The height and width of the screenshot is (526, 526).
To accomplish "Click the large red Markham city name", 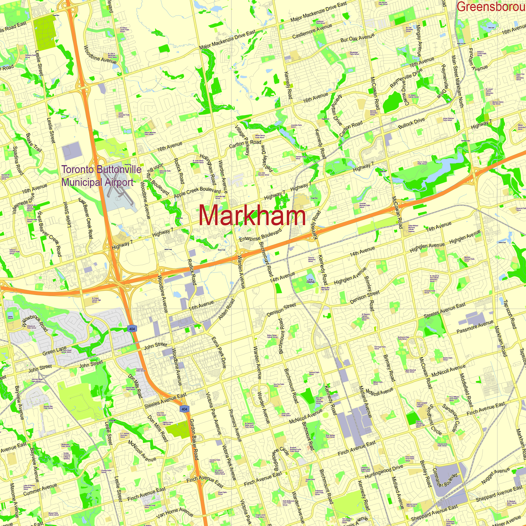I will point(252,215).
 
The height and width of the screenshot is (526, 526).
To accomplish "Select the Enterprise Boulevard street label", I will point(261,235).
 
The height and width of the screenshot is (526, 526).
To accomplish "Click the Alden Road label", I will point(226,309).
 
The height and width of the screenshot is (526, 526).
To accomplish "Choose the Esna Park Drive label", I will point(219,353).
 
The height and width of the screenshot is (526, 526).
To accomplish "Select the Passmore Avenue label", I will point(475,326).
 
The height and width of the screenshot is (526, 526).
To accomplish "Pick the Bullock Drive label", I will point(411,123).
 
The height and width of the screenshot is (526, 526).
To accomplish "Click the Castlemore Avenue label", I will point(312,31).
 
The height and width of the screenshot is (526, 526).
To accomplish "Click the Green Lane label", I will point(54,351).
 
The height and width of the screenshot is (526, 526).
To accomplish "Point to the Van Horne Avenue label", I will point(175,513).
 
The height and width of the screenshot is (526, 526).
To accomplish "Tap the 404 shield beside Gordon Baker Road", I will point(184,409).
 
